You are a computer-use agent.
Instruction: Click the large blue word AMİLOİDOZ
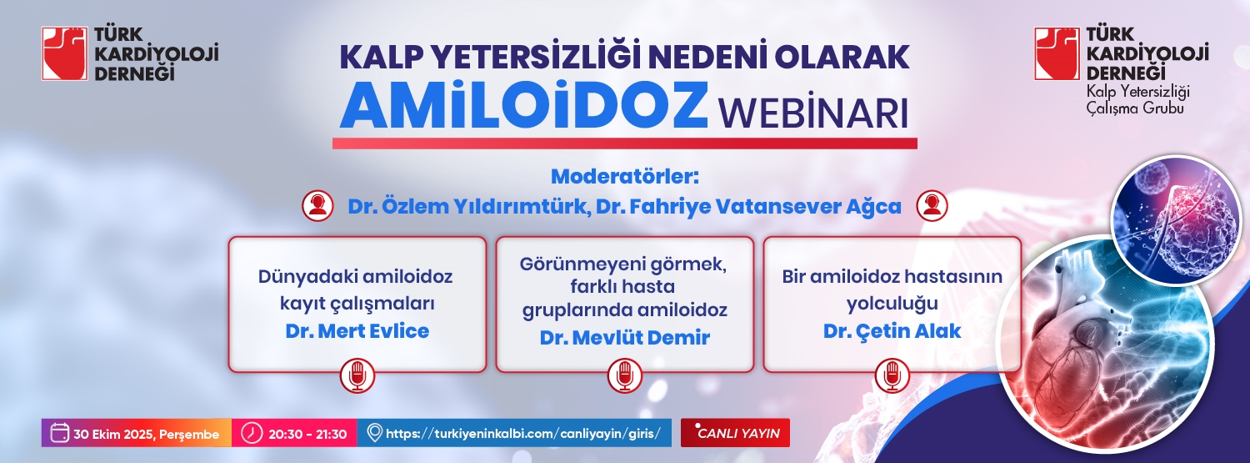tap(523, 105)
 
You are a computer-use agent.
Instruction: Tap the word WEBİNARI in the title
tap(812, 113)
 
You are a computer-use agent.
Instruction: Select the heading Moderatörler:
tap(624, 177)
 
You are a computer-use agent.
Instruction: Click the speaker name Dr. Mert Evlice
tap(357, 330)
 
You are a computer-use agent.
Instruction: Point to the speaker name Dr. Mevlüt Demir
tap(624, 337)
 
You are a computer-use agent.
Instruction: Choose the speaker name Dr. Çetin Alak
tap(892, 330)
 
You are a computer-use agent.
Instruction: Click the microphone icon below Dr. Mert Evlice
tap(357, 376)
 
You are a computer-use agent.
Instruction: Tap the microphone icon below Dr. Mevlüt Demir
tap(624, 376)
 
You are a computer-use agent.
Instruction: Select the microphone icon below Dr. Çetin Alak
tap(892, 376)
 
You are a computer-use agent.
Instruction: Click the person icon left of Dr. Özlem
tap(317, 206)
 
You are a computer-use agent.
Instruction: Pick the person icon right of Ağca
tap(932, 206)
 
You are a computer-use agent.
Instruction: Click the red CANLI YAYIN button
tap(735, 433)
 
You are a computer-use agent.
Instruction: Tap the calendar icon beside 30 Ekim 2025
tap(60, 433)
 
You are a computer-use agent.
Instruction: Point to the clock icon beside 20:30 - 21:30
tap(252, 433)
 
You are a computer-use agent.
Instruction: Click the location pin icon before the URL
tap(374, 434)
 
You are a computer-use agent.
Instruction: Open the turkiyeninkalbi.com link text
tap(522, 434)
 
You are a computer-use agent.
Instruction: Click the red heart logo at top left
tap(65, 53)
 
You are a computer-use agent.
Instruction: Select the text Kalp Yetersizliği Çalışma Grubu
tap(1137, 99)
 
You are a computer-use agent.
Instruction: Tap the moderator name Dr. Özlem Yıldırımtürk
tap(467, 207)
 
